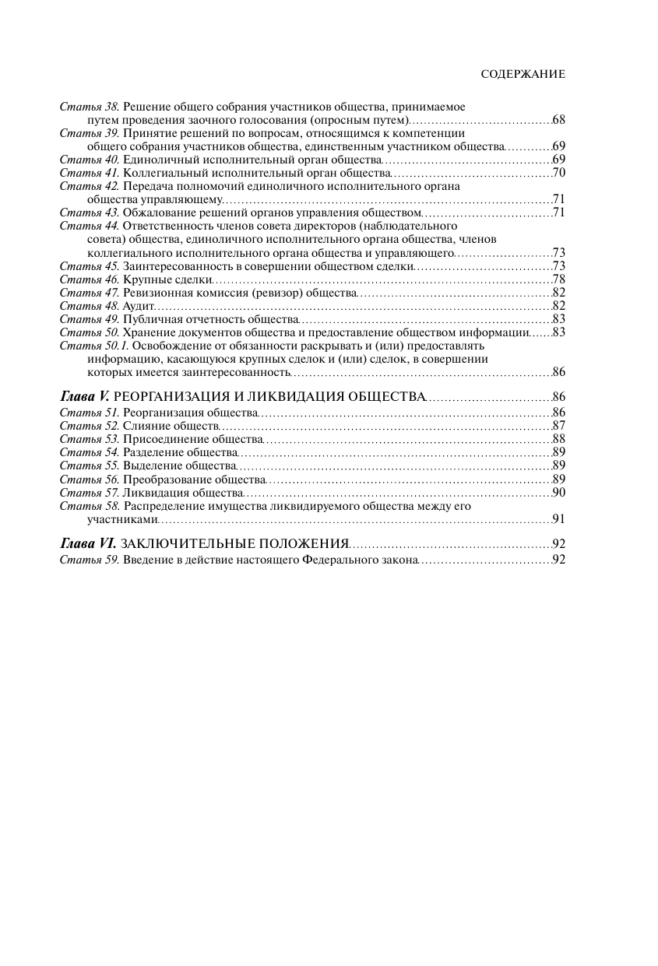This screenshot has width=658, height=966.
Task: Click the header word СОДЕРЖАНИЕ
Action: point(523,74)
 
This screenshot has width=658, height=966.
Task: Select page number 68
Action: point(558,120)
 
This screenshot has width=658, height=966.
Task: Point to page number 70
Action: point(558,172)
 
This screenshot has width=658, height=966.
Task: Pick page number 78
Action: point(558,279)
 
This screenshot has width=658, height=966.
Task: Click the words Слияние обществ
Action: point(171,426)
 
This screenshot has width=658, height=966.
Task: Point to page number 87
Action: point(558,426)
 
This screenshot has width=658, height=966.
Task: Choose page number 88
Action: point(558,439)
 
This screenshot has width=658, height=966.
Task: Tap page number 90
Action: point(558,492)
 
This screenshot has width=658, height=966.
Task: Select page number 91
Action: point(558,518)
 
